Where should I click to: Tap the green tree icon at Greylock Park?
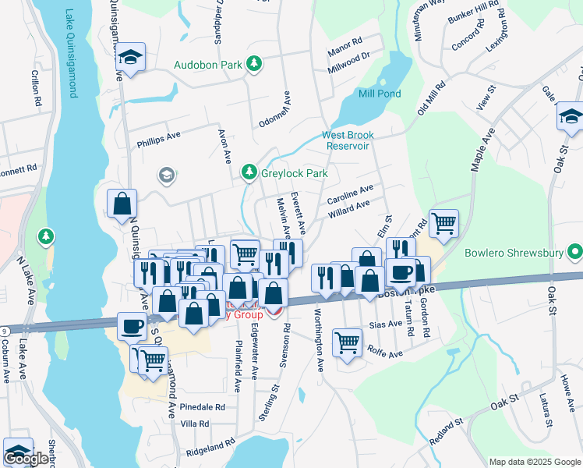coord(249,172)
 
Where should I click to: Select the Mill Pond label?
coord(379,93)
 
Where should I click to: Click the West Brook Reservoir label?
coord(348,140)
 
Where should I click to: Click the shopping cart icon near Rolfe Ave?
coord(347,342)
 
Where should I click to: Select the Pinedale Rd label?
coord(202,407)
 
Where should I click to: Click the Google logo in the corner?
coord(26,459)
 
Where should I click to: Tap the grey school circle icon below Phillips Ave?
coord(166,175)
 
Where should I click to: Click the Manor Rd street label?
coord(346,41)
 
